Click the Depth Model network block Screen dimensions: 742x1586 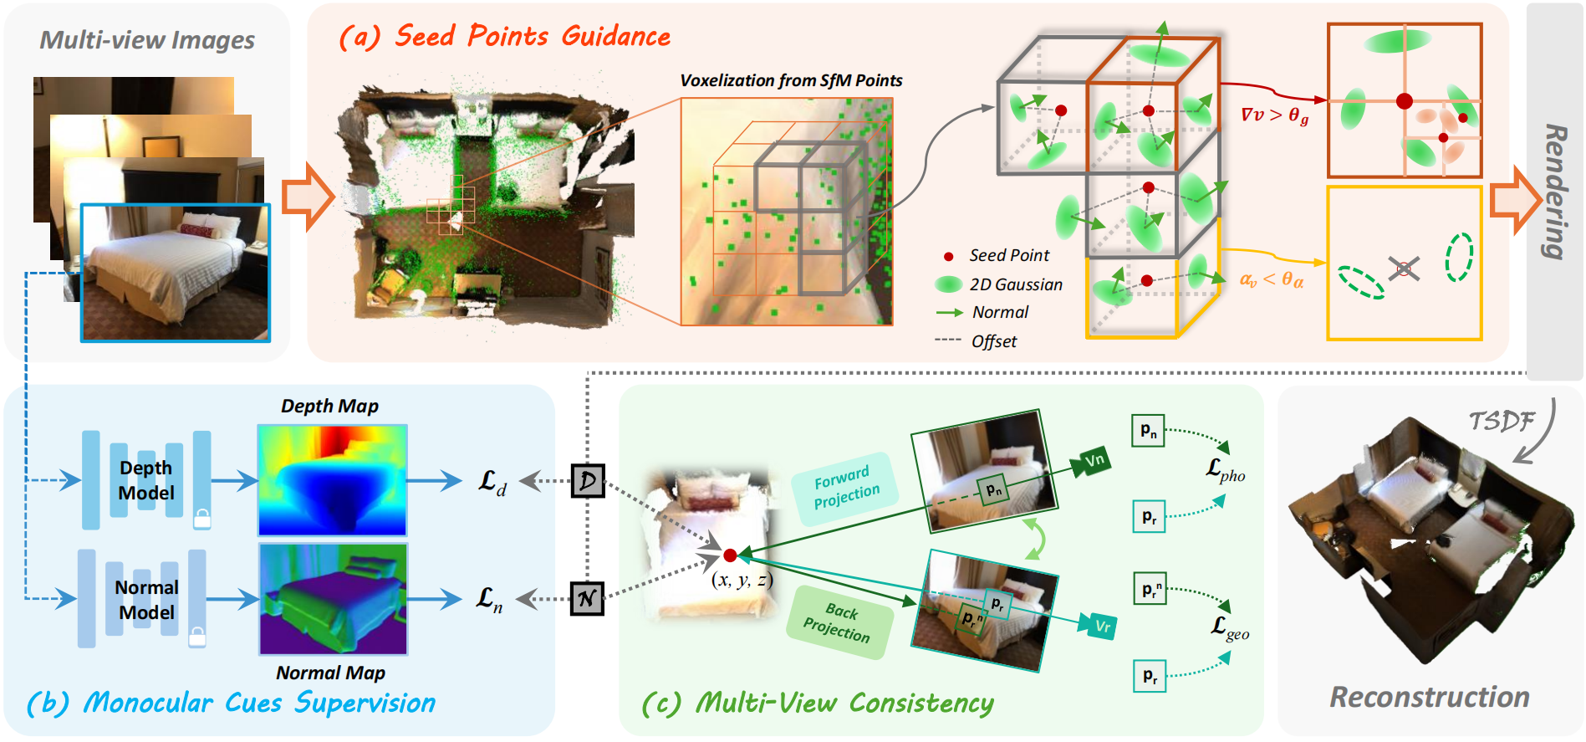146,480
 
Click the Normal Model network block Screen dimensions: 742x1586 146,599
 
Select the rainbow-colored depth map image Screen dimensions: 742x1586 332,480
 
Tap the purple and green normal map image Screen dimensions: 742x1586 333,599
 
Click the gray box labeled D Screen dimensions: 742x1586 588,481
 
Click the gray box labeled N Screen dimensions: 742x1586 587,599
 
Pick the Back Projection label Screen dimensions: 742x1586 839,622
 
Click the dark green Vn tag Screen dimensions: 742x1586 1094,460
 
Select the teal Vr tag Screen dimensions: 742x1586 1102,627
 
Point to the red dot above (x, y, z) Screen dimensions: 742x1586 730,555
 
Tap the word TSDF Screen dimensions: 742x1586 1502,421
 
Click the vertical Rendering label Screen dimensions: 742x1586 1554,192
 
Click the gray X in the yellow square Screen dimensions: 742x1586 1404,269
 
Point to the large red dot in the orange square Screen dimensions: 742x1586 1405,101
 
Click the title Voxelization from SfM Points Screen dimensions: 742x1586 791,81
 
